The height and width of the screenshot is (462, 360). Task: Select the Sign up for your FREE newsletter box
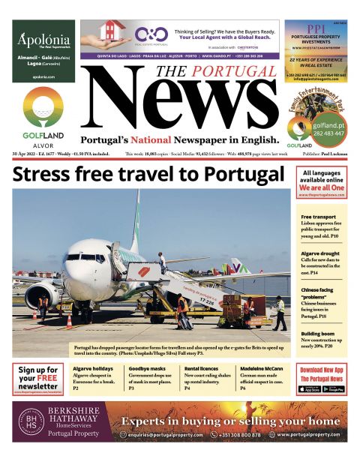tap(37, 379)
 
